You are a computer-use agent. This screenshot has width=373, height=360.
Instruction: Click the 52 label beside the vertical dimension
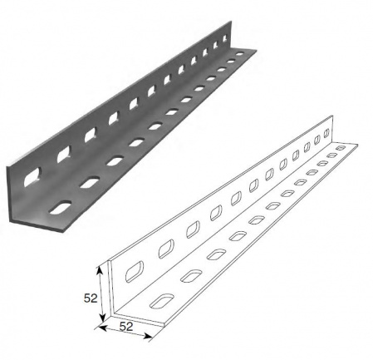pyautogui.click(x=91, y=298)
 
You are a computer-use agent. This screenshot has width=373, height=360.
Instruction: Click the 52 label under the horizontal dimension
pyautogui.click(x=126, y=327)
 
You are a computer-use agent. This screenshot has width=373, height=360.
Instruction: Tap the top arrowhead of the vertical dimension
pyautogui.click(x=100, y=269)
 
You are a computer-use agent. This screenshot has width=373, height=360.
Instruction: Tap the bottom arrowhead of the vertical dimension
pyautogui.click(x=103, y=318)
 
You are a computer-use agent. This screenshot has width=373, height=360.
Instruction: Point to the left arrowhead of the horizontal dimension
pyautogui.click(x=102, y=328)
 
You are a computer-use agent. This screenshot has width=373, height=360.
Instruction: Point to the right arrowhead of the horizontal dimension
pyautogui.click(x=148, y=337)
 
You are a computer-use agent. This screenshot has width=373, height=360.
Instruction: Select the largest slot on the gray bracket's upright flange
pyautogui.click(x=32, y=176)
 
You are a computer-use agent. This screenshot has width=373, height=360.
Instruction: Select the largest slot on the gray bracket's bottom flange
pyautogui.click(x=61, y=207)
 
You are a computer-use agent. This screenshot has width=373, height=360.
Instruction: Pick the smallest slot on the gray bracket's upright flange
pyautogui.click(x=225, y=37)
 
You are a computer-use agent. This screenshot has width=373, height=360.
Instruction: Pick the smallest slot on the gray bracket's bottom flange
pyautogui.click(x=239, y=54)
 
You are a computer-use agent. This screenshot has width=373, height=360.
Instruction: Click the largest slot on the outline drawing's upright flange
pyautogui.click(x=135, y=271)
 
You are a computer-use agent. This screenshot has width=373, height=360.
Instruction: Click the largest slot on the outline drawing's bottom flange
pyautogui.click(x=162, y=301)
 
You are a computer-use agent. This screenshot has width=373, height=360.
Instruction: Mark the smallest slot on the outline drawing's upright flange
pyautogui.click(x=326, y=132)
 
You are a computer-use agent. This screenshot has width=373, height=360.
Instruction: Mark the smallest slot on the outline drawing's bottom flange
pyautogui.click(x=340, y=148)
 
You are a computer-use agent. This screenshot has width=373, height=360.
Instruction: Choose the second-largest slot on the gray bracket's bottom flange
pyautogui.click(x=90, y=183)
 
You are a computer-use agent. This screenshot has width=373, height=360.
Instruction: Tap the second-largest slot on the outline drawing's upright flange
pyautogui.click(x=166, y=249)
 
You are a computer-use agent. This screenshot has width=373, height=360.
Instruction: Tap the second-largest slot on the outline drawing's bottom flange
pyautogui.click(x=191, y=275)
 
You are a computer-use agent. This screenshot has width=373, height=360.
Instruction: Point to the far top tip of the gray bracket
pyautogui.click(x=230, y=22)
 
